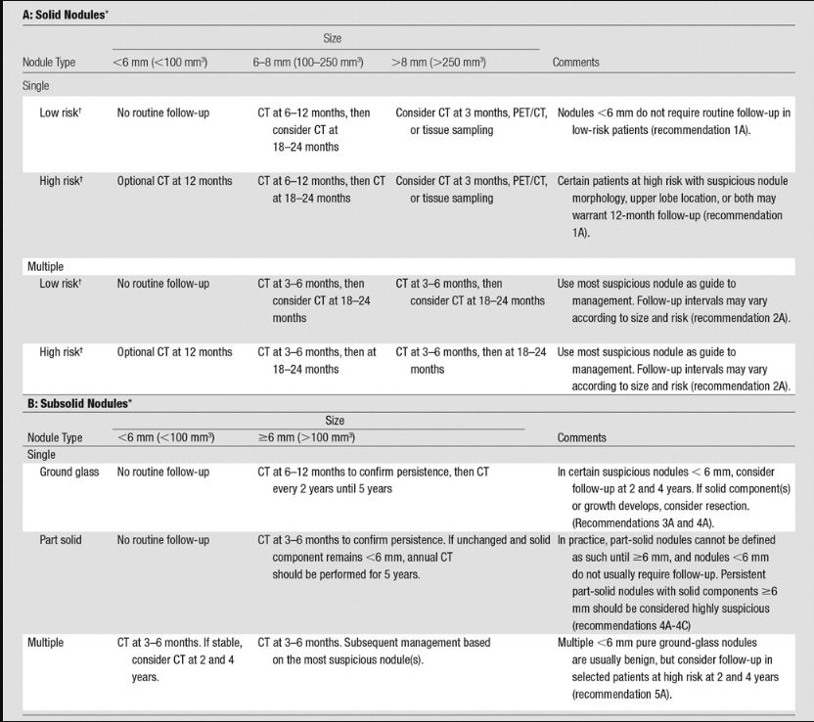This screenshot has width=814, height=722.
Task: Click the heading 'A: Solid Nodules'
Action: coord(67,15)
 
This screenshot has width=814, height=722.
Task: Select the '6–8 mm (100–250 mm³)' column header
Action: coord(307,63)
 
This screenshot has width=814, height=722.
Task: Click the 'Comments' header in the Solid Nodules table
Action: coord(576,63)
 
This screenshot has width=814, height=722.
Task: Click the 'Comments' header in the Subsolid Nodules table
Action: coord(581,437)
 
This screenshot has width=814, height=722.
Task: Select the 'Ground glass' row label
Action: coord(69,473)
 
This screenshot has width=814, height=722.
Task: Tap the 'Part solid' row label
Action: coord(61,540)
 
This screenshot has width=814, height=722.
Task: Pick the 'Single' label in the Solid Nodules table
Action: coord(36,86)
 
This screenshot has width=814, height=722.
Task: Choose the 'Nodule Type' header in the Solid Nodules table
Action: coord(49,63)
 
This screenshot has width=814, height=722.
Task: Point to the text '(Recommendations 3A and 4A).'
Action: coord(647,522)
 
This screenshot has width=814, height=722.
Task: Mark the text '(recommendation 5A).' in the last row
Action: coord(626,693)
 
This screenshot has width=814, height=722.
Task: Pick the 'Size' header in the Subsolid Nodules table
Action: coord(334,421)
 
